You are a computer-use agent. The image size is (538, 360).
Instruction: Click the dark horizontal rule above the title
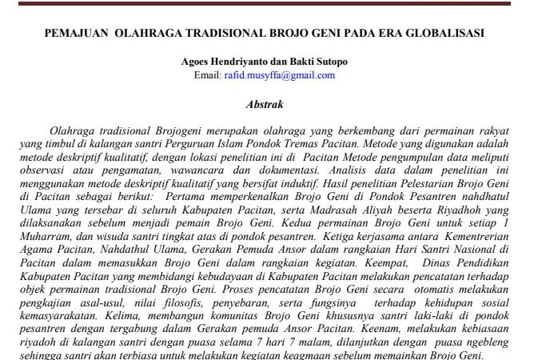[x=269, y=2]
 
